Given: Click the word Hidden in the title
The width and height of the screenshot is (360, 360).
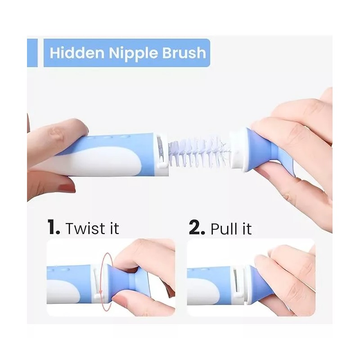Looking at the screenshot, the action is click(77, 53).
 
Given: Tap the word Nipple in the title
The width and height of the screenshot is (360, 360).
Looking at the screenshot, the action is click(133, 54).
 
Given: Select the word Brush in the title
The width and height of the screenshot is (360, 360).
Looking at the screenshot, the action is click(184, 53).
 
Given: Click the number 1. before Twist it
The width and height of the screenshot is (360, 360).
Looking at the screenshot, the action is click(54, 227).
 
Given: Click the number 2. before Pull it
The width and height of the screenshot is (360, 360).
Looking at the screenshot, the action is click(197, 227).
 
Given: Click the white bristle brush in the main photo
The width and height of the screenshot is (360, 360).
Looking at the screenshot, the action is click(199, 152).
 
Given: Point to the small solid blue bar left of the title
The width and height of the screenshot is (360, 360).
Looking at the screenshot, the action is click(32, 53).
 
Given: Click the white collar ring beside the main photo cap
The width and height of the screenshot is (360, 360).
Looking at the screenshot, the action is click(237, 150).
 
